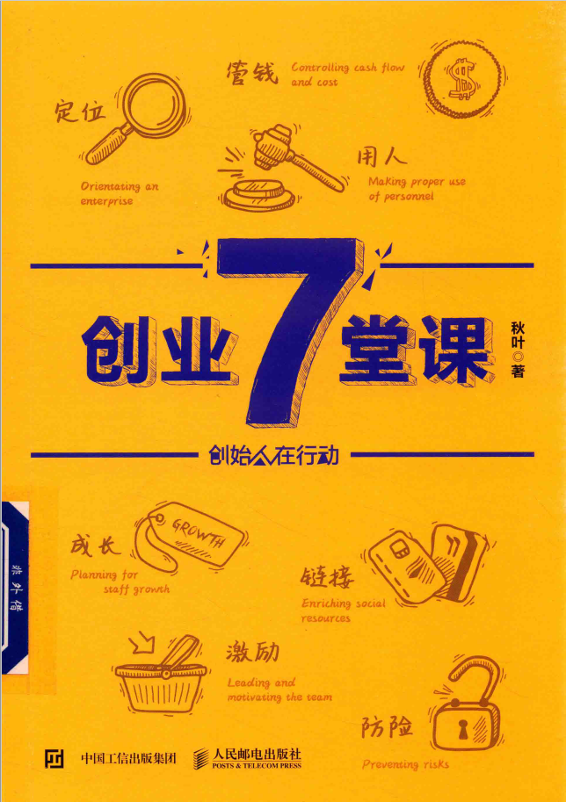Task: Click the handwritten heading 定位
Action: [80, 111]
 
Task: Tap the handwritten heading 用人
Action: [381, 157]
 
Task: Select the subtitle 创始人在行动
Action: [274, 456]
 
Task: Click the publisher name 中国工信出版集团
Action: [128, 757]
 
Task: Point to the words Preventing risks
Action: [405, 763]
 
